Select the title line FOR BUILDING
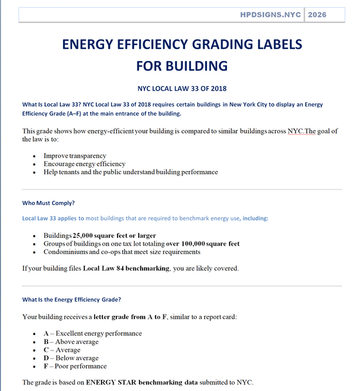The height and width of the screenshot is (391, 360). [x=182, y=65]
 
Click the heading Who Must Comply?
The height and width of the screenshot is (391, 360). [x=48, y=203]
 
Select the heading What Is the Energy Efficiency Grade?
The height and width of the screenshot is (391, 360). [x=71, y=299]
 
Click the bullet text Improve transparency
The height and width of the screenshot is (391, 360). [x=75, y=156]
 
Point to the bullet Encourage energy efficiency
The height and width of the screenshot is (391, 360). [x=85, y=164]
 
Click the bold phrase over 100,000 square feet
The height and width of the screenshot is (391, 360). [x=203, y=244]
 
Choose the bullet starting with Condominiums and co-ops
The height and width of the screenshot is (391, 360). [x=117, y=252]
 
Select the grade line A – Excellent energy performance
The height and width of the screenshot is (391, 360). [x=93, y=333]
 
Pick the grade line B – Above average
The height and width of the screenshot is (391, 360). [x=71, y=341]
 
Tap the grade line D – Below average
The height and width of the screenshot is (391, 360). [x=71, y=358]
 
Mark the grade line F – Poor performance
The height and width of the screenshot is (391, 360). [x=75, y=367]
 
